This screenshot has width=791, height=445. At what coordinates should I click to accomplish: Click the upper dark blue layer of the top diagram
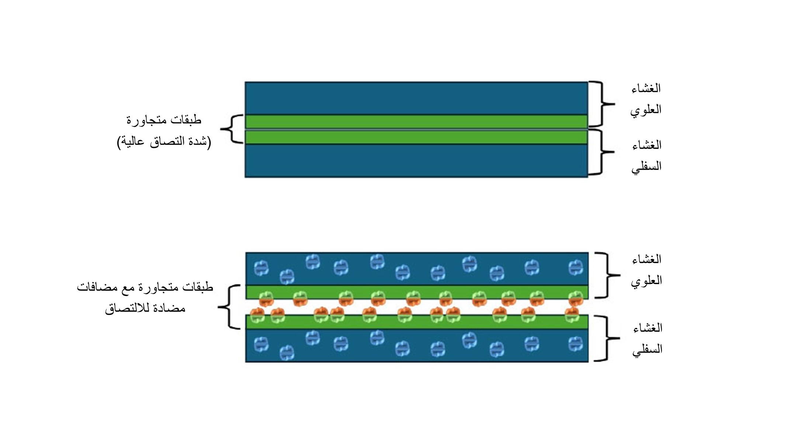click(x=416, y=98)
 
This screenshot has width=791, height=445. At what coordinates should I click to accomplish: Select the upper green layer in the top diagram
click(x=416, y=121)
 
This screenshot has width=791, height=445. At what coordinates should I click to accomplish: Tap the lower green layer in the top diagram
click(x=416, y=137)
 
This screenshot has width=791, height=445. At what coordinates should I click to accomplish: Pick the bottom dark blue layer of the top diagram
click(x=416, y=161)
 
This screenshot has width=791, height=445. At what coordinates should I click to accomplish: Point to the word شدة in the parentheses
click(x=197, y=142)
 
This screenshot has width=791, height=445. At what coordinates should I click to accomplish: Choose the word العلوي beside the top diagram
click(x=646, y=110)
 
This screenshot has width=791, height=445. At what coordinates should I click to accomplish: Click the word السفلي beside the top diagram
click(x=646, y=167)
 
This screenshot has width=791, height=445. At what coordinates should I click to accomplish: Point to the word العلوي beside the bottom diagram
click(x=646, y=281)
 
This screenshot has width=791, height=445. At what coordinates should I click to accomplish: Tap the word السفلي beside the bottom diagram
click(x=647, y=349)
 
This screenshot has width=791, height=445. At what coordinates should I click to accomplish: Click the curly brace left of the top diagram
click(x=232, y=129)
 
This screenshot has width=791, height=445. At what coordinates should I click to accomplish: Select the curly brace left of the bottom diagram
click(x=229, y=307)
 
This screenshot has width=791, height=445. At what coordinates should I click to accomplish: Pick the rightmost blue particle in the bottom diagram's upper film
click(x=575, y=267)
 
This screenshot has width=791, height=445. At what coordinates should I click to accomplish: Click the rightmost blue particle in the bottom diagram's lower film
click(x=575, y=344)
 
